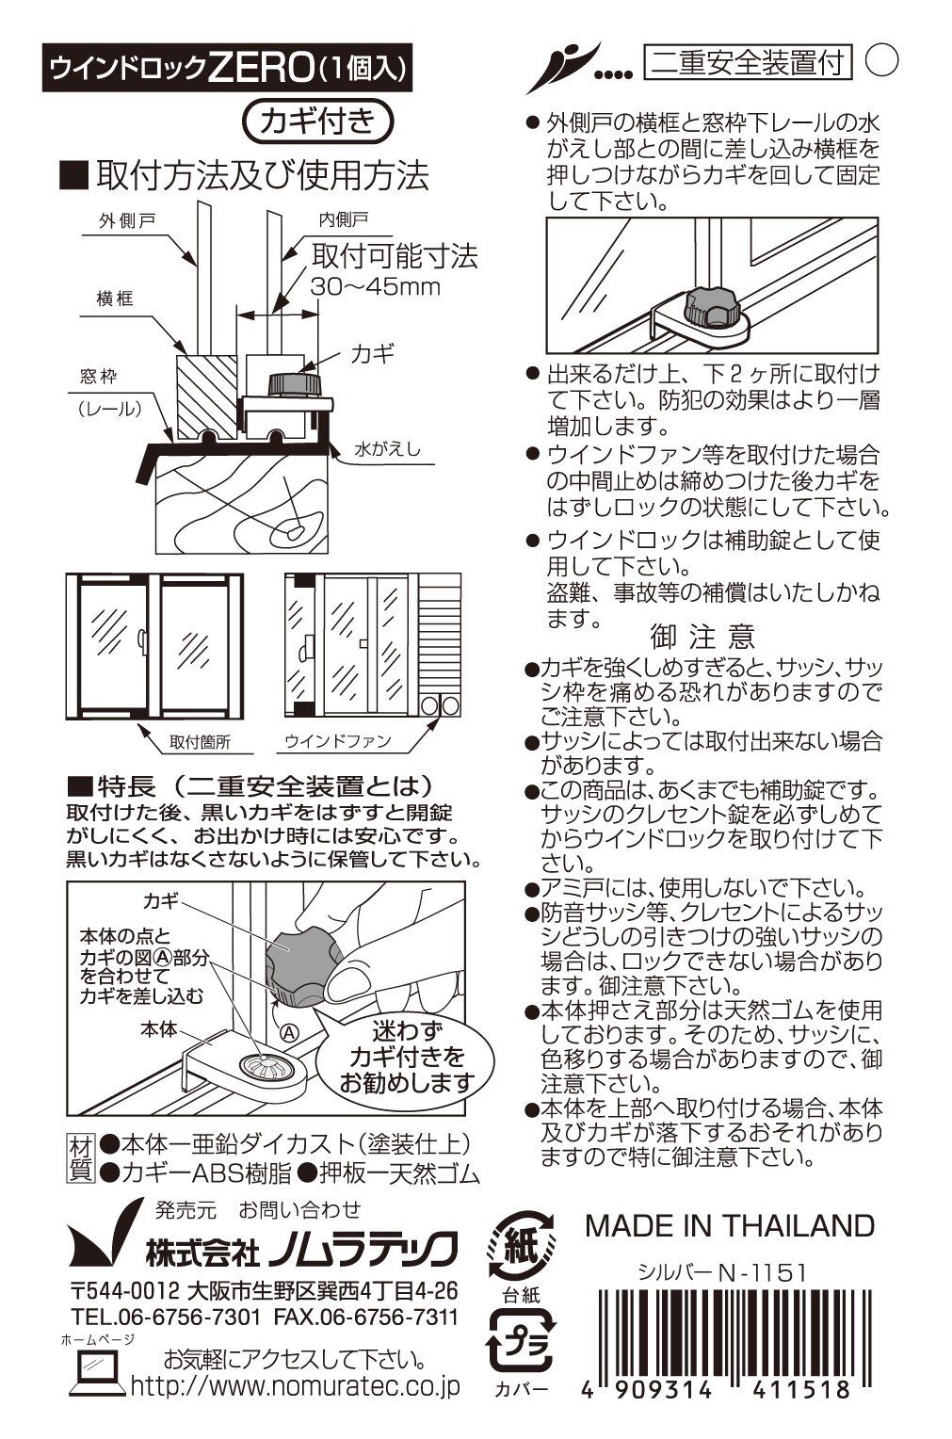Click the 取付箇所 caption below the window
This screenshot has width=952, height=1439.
tap(200, 741)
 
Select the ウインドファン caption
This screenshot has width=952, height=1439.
tap(338, 741)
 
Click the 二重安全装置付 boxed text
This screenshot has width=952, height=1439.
tap(749, 62)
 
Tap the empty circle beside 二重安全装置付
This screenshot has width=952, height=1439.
tap(881, 60)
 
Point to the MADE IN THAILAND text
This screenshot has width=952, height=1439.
tap(730, 1225)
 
